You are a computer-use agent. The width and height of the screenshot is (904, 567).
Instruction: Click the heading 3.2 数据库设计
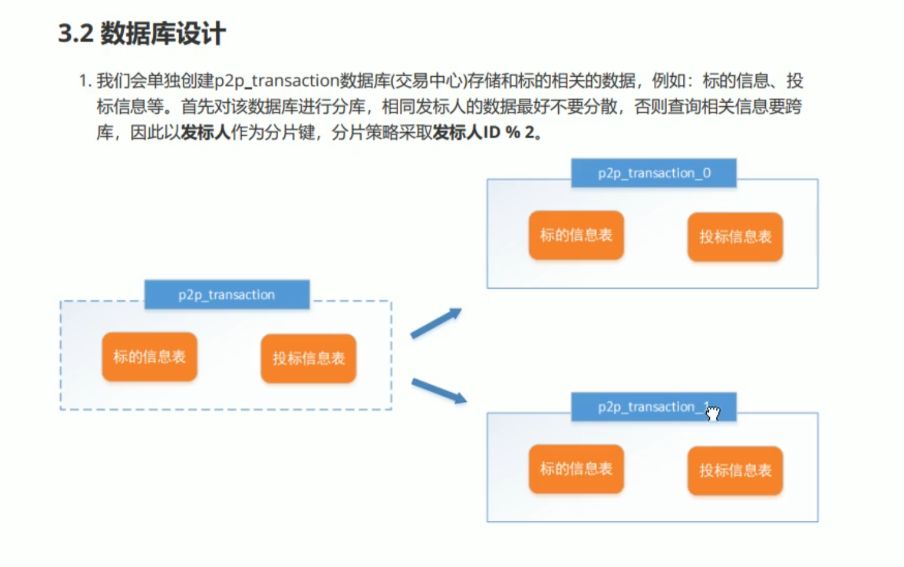(x=142, y=33)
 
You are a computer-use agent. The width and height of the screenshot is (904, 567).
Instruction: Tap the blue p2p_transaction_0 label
(x=653, y=173)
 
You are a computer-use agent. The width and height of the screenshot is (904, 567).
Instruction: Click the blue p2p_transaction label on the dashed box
(x=227, y=294)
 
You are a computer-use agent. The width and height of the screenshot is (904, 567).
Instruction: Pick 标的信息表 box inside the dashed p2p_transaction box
(x=150, y=357)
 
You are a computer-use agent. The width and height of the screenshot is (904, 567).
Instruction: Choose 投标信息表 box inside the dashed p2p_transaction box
(x=308, y=359)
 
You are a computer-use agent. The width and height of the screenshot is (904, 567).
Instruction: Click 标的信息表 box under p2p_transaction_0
(x=576, y=235)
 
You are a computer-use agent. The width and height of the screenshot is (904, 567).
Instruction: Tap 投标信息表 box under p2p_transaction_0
(x=735, y=237)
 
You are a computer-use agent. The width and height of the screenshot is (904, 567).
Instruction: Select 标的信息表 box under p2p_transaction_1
(x=576, y=468)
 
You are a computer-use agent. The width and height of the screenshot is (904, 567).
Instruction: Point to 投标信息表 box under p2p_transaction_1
(x=735, y=470)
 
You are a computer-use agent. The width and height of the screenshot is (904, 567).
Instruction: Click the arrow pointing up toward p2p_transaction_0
(x=436, y=323)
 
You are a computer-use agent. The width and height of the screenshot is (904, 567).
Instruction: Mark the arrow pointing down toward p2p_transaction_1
(x=439, y=390)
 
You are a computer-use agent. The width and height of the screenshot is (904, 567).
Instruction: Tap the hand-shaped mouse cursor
(x=713, y=413)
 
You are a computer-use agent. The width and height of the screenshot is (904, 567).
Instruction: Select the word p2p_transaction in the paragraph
(x=277, y=80)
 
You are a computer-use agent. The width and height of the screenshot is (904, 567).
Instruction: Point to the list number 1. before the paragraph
(x=85, y=80)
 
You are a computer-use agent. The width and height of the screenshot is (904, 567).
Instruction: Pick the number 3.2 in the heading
(x=76, y=33)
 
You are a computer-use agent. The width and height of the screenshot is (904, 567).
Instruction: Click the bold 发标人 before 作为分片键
(x=206, y=132)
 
